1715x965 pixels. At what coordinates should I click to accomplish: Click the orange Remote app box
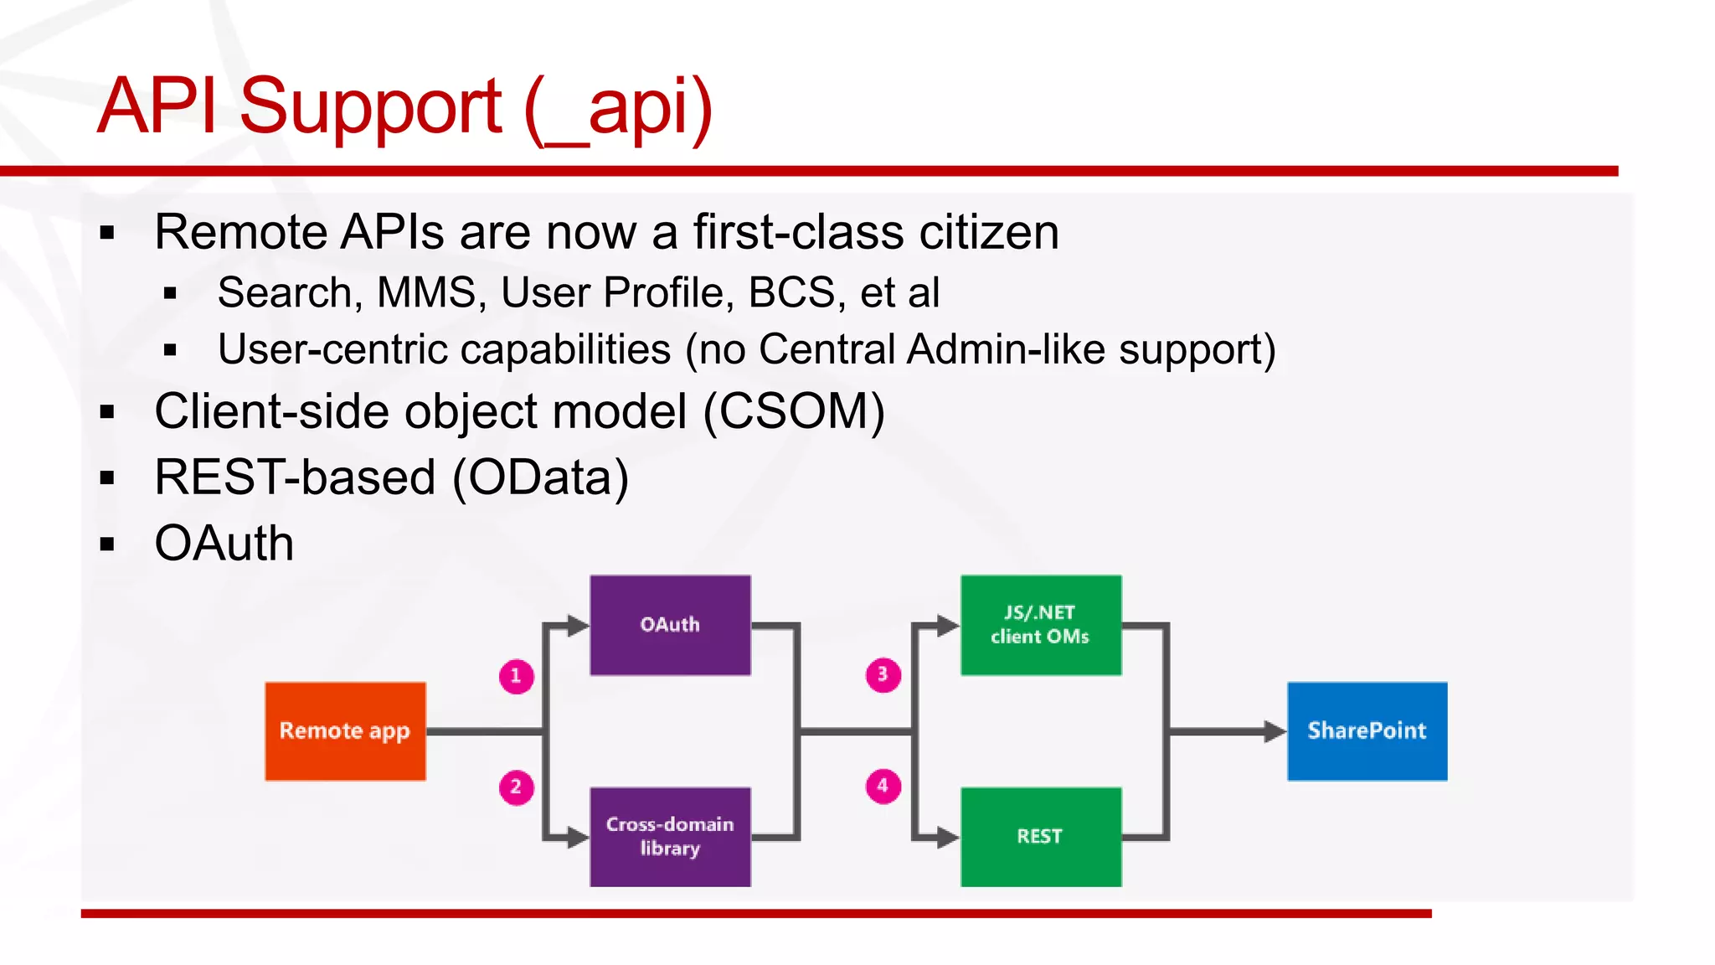click(345, 731)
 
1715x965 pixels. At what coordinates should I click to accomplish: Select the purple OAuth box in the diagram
click(670, 625)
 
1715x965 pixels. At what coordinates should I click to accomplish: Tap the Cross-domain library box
click(670, 836)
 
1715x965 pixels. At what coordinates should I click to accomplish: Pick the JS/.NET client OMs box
click(1040, 625)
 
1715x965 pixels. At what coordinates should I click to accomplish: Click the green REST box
click(1040, 836)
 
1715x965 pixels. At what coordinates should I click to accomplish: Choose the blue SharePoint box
click(1367, 731)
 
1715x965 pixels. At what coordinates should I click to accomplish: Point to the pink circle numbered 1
click(516, 676)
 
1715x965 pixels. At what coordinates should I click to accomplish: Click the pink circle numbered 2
click(516, 787)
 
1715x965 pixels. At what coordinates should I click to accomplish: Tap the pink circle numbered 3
click(883, 675)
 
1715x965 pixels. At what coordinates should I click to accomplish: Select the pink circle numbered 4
click(883, 787)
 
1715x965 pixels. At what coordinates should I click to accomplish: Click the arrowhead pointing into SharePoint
click(1275, 731)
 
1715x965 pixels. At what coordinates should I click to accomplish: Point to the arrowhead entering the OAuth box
click(579, 626)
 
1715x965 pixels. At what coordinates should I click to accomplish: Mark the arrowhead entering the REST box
click(948, 837)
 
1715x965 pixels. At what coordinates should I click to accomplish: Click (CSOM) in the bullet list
click(793, 412)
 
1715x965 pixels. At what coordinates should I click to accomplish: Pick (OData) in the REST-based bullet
click(540, 477)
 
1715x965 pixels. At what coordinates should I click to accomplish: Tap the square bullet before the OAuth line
click(106, 544)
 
